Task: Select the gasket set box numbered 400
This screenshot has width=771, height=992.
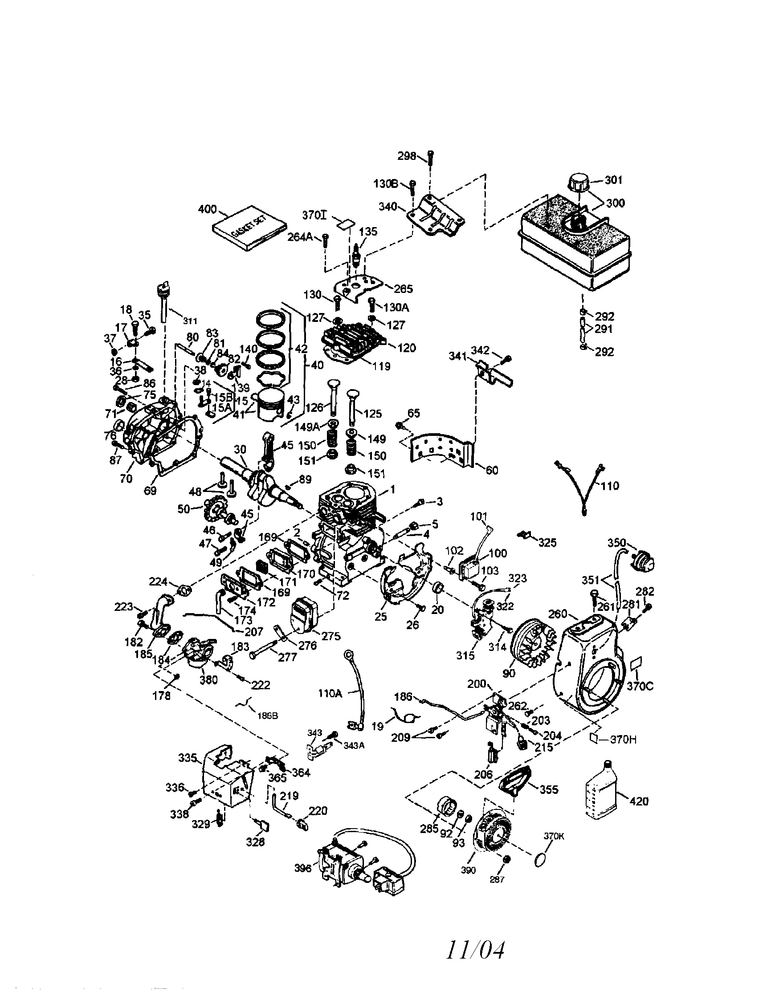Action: (x=250, y=228)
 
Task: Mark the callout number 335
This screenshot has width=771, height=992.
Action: (x=188, y=758)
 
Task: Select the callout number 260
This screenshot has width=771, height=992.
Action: (x=558, y=614)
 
